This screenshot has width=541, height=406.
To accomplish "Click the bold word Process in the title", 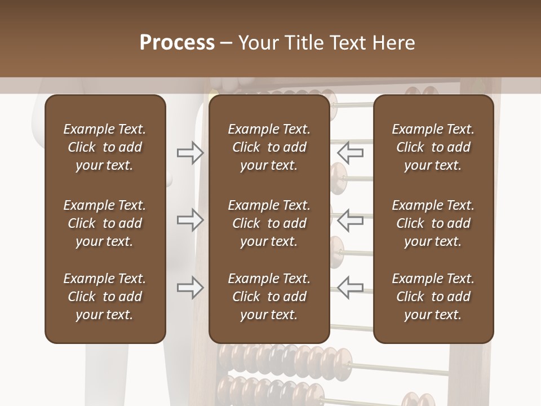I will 177,43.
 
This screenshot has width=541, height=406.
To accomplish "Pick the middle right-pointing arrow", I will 190,220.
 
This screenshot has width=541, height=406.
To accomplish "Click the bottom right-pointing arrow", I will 190,288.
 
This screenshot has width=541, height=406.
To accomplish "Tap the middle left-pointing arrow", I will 351,220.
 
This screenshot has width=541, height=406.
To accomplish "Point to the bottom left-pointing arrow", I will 351,288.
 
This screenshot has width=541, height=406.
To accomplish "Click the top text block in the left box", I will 105,147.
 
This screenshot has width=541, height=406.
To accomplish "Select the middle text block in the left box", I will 105,223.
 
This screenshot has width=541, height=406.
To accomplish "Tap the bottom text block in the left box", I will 105,297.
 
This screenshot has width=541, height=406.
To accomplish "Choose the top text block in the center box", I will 269,147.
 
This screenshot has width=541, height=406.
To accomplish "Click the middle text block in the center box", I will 269,223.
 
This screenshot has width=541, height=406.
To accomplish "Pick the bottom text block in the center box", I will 269,297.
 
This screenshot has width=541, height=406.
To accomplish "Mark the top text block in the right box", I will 433,147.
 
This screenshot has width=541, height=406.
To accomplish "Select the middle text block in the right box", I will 433,223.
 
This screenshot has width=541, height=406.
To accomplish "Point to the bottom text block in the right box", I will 433,297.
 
